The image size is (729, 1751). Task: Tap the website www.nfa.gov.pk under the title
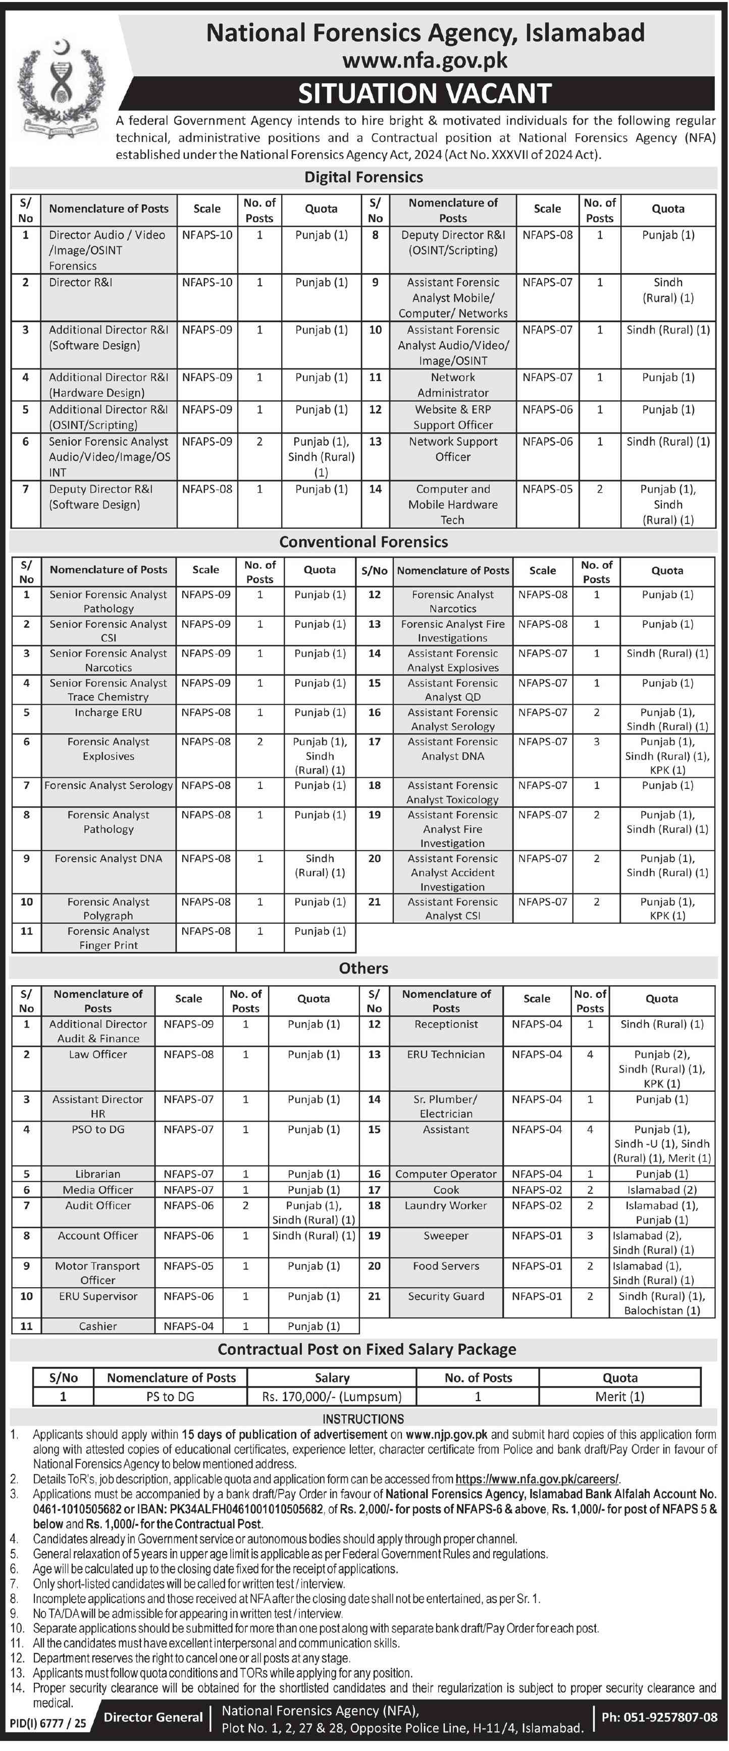point(425,61)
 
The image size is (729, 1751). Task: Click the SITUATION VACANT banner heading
point(425,93)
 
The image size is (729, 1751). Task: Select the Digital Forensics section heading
point(363,177)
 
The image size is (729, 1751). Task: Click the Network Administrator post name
point(453,385)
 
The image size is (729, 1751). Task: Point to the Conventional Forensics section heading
point(363,542)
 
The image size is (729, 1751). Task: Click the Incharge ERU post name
point(108,712)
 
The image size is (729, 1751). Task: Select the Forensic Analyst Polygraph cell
point(108,908)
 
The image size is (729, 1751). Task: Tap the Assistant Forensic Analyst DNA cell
point(452,749)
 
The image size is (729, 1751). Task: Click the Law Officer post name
point(98,1054)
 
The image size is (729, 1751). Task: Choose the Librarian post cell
point(98,1174)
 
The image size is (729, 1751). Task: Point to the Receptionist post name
point(446,1024)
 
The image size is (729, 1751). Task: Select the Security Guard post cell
point(446,1296)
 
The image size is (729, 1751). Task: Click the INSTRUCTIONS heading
point(363,1418)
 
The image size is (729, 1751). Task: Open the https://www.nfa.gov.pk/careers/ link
point(537,1478)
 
